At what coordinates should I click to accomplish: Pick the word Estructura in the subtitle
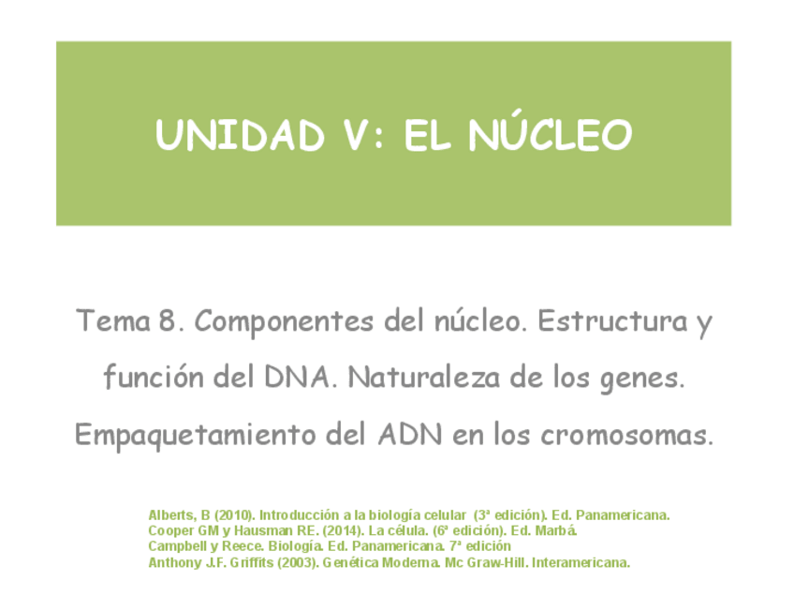610,322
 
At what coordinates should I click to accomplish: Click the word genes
646,380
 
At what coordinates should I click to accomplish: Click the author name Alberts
169,515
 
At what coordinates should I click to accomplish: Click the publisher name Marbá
559,530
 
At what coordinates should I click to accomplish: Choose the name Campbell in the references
176,546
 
